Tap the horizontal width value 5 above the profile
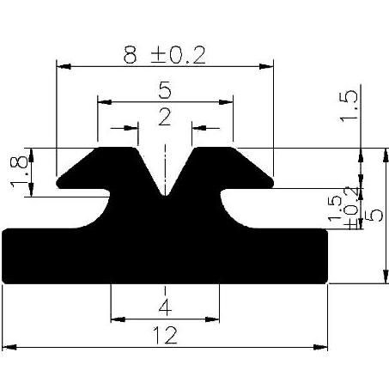(164, 88)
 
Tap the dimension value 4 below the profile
(164, 307)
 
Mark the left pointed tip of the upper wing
(58, 182)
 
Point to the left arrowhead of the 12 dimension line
(8, 348)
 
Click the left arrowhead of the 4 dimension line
(115, 319)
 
